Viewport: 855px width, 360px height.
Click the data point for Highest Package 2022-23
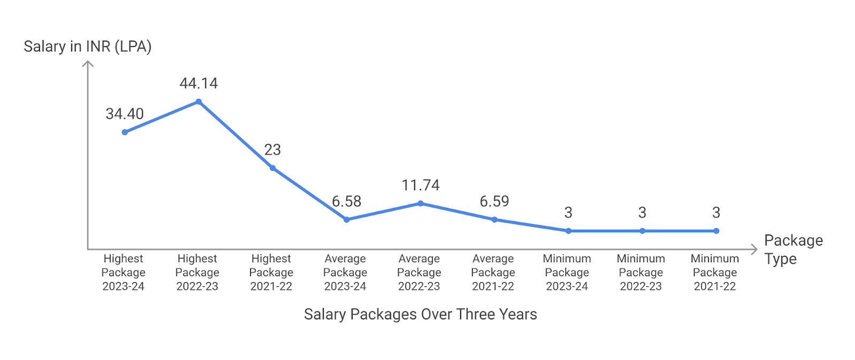199,101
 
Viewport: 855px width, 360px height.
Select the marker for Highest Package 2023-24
125,132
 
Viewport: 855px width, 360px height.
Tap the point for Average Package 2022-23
421,204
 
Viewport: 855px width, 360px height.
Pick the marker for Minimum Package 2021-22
716,231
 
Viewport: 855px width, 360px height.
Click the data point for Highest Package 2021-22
273,168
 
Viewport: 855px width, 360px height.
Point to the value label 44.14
199,83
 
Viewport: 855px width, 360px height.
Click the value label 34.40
125,114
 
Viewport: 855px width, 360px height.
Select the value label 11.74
421,185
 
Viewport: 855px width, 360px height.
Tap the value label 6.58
346,201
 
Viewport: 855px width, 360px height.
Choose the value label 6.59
494,201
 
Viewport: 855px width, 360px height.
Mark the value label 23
273,150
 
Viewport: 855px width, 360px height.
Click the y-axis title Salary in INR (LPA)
88,46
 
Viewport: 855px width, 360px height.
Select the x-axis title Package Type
793,249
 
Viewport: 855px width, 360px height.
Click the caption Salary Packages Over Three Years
421,314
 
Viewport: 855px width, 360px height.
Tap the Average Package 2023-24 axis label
345,272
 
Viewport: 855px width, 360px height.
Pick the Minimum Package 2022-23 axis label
641,272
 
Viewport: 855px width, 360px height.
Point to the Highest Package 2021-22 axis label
271,272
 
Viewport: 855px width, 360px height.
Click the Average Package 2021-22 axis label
493,272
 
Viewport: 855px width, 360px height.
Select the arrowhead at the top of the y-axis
88,64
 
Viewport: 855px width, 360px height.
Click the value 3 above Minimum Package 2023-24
568,213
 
